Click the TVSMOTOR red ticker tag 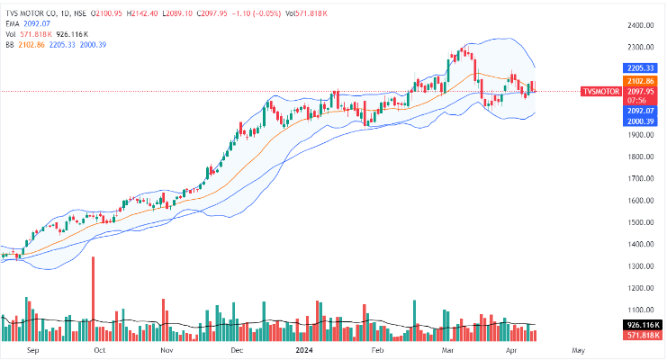pos(601,92)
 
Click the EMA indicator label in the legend pos(12,23)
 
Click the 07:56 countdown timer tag pos(639,102)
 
